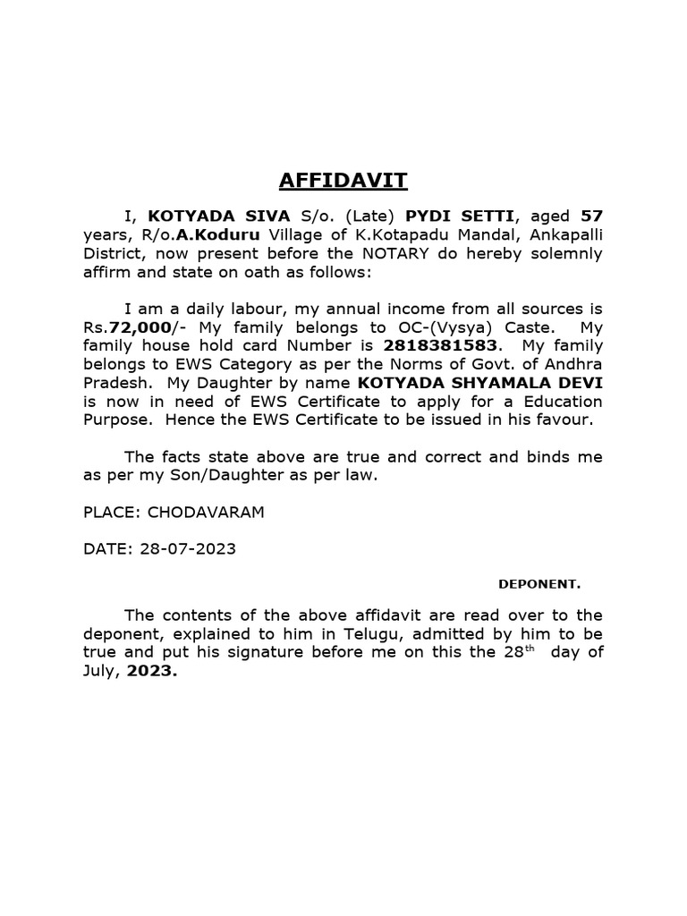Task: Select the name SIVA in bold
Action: (x=240, y=216)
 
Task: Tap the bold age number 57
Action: (x=591, y=216)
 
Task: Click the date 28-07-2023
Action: (x=188, y=548)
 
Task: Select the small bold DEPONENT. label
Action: (x=539, y=585)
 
